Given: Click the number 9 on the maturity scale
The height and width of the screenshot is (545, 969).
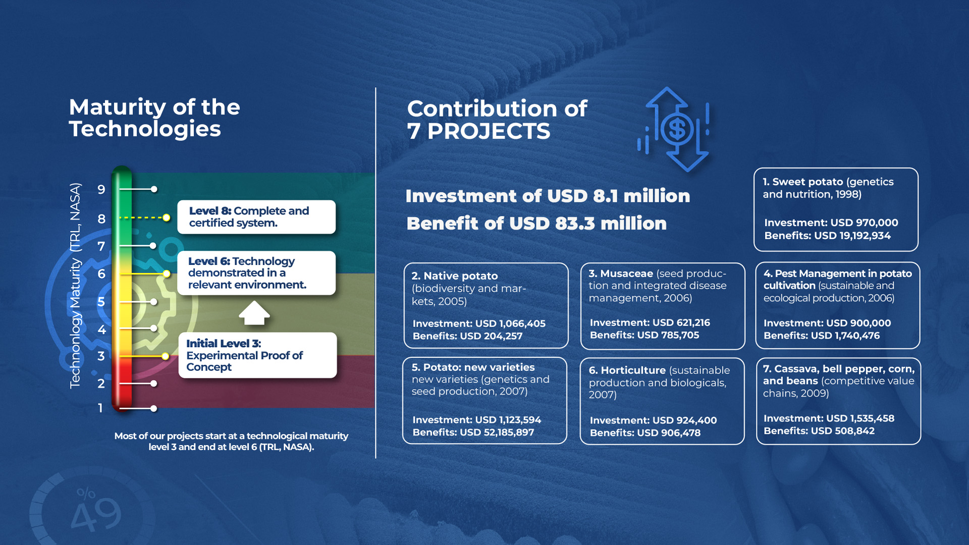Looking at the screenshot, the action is pos(101,190).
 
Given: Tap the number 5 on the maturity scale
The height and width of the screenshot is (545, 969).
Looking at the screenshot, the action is pos(101,302).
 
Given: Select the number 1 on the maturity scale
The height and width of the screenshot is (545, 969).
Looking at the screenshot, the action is pos(100,408).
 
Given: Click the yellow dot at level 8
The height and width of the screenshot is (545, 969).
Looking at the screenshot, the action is pos(166,217).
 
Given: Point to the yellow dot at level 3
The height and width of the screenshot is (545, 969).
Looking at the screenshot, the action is pos(165,356).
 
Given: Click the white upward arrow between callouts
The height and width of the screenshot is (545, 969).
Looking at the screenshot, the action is pos(254,313).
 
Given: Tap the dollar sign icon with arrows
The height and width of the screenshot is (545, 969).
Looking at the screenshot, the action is pos(674,129).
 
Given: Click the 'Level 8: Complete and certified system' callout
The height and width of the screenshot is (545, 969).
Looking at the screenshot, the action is pos(256,217).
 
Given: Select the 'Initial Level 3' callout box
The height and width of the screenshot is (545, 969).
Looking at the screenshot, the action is pos(257,355).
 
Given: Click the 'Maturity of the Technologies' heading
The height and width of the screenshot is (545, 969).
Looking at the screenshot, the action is pos(154,118).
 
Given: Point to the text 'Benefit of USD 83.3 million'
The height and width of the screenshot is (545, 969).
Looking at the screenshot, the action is pos(536,223).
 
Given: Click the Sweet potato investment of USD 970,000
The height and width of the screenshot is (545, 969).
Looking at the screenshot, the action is pos(831,223).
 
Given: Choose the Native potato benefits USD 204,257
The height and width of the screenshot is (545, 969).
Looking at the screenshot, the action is pos(467,336).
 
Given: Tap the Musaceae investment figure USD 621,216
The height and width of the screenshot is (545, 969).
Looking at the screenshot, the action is pos(650,322).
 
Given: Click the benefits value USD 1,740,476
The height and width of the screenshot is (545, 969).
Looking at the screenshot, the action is pos(821,336).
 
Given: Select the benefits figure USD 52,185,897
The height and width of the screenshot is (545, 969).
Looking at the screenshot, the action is pos(473,432).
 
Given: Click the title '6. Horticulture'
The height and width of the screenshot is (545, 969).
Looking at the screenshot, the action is pos(627,370).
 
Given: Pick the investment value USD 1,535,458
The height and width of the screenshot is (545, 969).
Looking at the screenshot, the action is pos(829,418).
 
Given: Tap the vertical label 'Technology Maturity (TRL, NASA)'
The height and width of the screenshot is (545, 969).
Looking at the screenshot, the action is pos(75,286).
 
